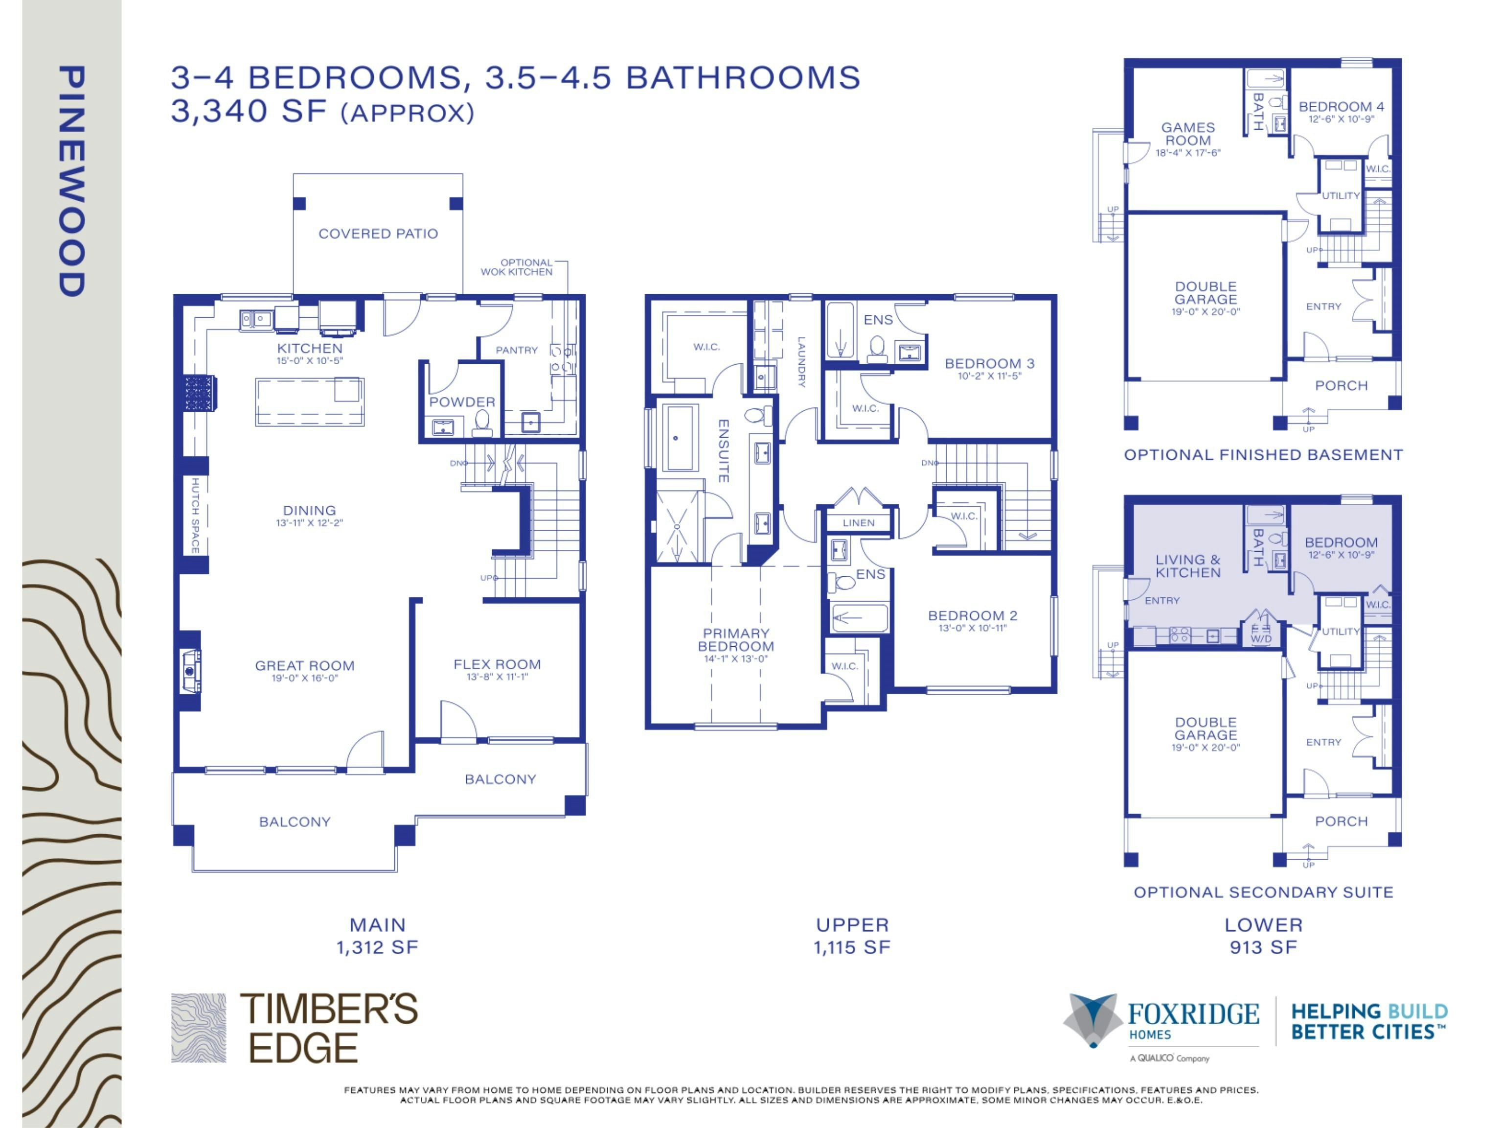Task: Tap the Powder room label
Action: [x=462, y=402]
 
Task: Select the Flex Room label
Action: [x=498, y=664]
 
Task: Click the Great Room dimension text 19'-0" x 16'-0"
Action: [x=305, y=678]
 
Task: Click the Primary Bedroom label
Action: [x=736, y=640]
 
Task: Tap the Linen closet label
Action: [x=859, y=523]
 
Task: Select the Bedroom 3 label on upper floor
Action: [x=990, y=364]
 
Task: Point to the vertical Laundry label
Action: [x=802, y=362]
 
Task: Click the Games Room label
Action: [x=1188, y=134]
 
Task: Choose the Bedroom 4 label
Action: [x=1341, y=107]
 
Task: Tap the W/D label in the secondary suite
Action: [x=1261, y=639]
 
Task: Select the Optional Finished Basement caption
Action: [x=1263, y=455]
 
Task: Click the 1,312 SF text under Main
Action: [x=377, y=947]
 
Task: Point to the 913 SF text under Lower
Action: [x=1263, y=947]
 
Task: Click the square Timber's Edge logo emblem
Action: [x=199, y=1028]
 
